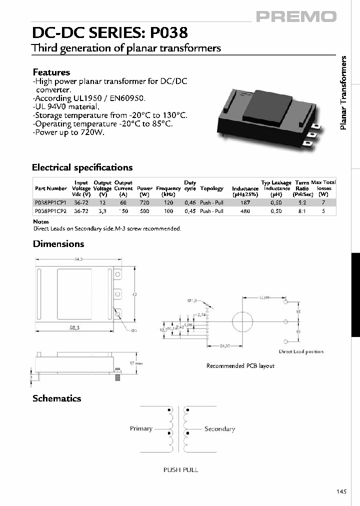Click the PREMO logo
coord(296,17)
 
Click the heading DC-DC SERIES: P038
coord(109,33)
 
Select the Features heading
coord(51,72)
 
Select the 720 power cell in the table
coord(144,202)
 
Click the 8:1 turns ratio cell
coord(302,211)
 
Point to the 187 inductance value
coord(245,202)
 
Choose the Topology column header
coord(211,188)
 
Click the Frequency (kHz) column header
coord(168,191)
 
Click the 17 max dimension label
coord(136,363)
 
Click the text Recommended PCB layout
coord(240,366)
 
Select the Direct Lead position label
coord(301,351)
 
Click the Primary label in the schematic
coord(141,428)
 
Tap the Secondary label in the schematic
coord(219,429)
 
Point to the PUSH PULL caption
coord(180,469)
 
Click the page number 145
coord(341,492)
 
